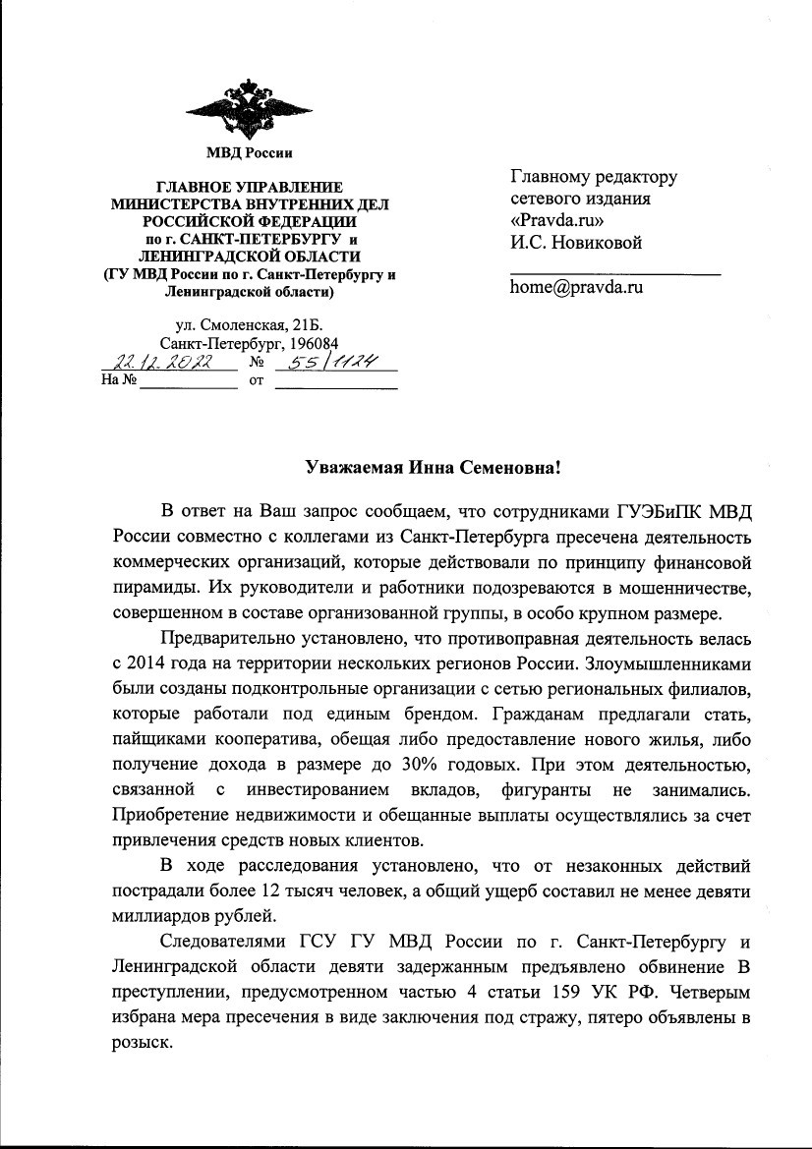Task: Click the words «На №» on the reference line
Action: [x=118, y=379]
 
